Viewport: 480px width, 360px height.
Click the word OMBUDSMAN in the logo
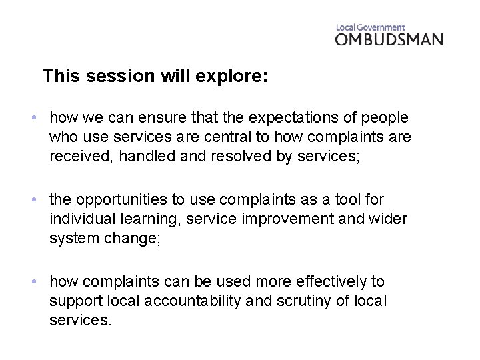(x=389, y=39)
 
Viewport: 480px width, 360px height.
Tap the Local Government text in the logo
(x=370, y=27)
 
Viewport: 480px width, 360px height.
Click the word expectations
(x=306, y=118)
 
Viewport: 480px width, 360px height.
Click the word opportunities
(x=127, y=201)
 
